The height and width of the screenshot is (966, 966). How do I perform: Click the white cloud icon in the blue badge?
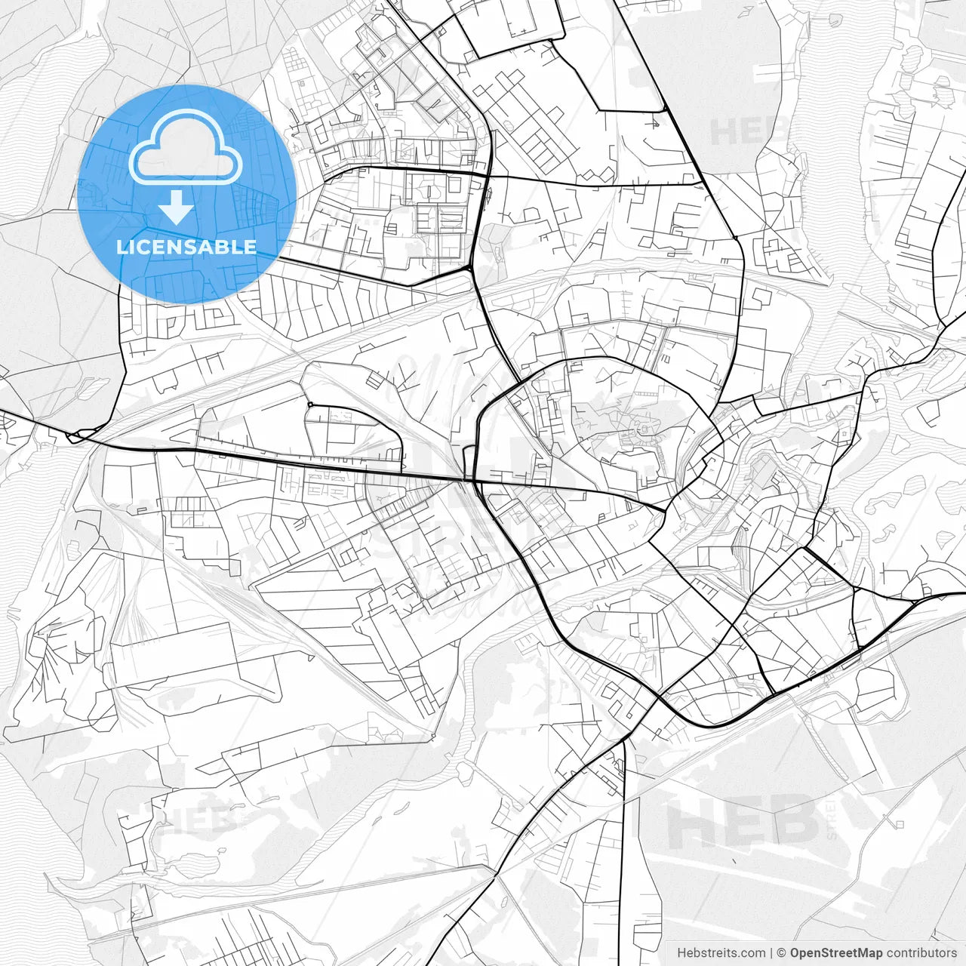[x=185, y=149]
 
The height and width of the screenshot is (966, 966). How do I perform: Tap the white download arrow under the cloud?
[x=177, y=208]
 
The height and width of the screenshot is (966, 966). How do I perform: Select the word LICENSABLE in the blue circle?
[x=186, y=247]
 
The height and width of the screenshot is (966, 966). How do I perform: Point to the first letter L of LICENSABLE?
[x=122, y=247]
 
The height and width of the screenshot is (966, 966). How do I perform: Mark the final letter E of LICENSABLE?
[x=251, y=247]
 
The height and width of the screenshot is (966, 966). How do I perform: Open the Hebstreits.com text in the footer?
[x=721, y=953]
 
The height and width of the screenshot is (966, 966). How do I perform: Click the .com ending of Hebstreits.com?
[x=753, y=953]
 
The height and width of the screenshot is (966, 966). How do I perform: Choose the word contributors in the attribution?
[x=921, y=953]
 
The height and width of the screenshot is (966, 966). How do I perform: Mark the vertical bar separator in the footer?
[x=771, y=953]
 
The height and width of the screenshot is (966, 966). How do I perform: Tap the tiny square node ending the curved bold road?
[x=310, y=405]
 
